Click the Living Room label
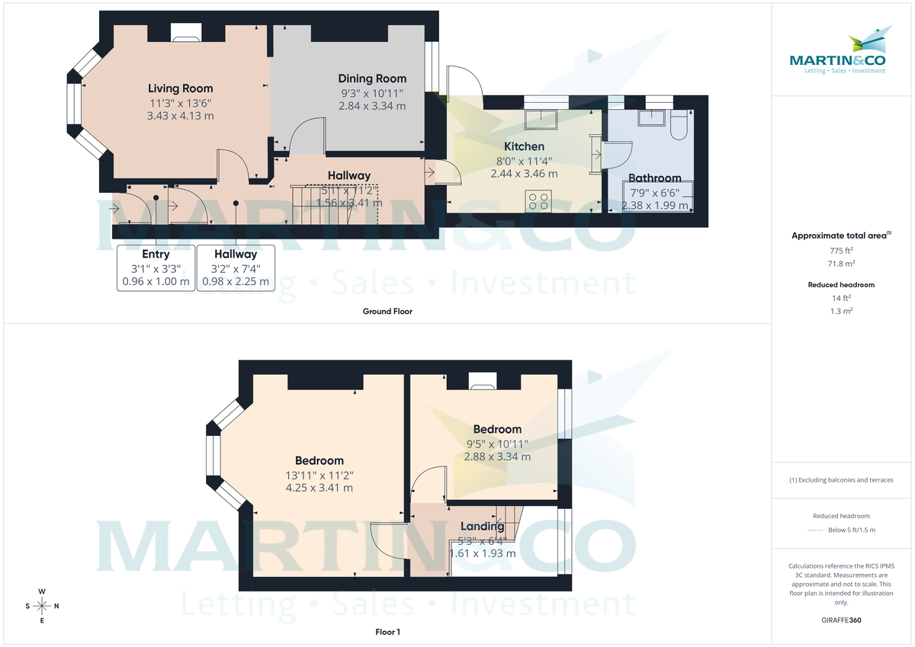[180, 88]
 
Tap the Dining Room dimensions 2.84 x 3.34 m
[372, 106]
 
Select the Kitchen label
[524, 146]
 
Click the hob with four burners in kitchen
[538, 200]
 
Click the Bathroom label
[655, 178]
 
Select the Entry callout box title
[156, 254]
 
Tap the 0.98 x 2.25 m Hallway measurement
[236, 281]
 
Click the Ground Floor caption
[387, 311]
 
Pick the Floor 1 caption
[387, 632]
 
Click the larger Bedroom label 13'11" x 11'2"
[319, 460]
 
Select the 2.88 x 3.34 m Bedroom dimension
[497, 456]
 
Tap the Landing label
[483, 526]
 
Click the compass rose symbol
[42, 606]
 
